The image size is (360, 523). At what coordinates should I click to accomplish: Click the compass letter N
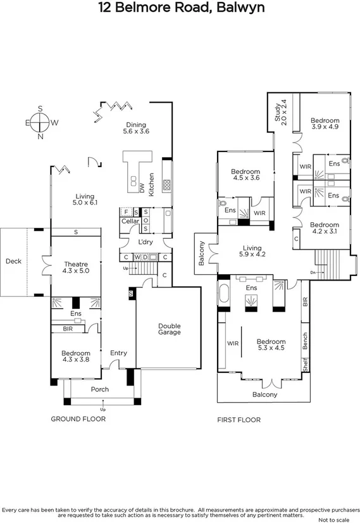tap(40, 136)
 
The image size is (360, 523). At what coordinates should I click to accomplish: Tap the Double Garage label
tap(170, 329)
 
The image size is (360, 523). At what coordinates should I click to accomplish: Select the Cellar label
tap(130, 221)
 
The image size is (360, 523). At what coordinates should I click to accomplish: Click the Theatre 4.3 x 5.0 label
tap(76, 267)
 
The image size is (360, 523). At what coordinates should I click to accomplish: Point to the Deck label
tap(13, 261)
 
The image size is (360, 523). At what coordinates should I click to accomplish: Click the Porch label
tap(100, 389)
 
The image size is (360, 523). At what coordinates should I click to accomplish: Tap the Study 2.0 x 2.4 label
tap(280, 113)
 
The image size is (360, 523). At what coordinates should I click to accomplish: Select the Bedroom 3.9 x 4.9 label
tap(325, 123)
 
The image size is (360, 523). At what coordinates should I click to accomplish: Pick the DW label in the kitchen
tap(142, 188)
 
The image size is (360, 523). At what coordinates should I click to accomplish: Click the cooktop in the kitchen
tap(166, 185)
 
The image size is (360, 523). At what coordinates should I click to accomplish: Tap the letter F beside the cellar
tap(126, 212)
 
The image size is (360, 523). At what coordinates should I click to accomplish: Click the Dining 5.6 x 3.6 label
tap(136, 128)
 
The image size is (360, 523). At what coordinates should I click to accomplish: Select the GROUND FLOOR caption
tap(78, 419)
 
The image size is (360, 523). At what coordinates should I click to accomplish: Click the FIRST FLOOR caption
tap(239, 420)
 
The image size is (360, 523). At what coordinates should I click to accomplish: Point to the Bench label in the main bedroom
tap(305, 341)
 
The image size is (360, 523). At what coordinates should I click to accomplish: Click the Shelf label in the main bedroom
tap(306, 364)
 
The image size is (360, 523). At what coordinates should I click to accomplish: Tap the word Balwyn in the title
tap(240, 7)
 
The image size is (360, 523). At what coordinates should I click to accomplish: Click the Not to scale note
tap(333, 520)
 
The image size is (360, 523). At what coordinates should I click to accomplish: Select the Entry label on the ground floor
tap(119, 353)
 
